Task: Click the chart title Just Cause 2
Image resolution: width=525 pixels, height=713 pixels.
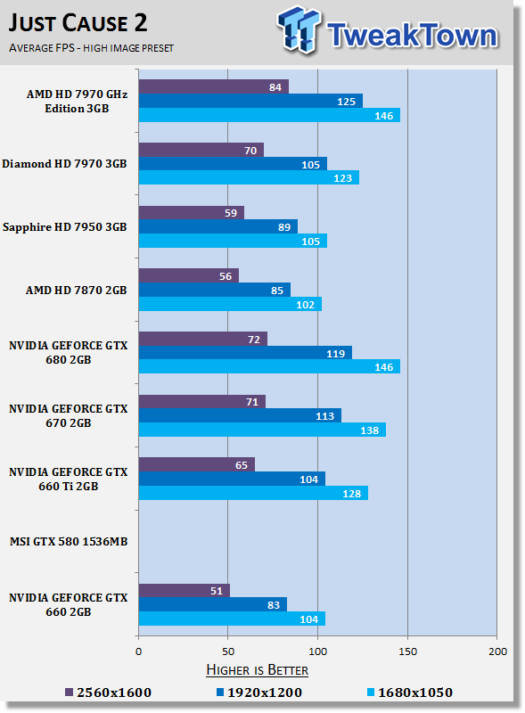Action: click(79, 22)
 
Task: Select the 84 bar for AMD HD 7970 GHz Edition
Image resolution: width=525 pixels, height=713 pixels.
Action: click(214, 86)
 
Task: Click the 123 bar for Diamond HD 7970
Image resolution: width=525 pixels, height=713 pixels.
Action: click(249, 177)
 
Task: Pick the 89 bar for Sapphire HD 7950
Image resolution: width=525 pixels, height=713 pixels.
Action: click(218, 226)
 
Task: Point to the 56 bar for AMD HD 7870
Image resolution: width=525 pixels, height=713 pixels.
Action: click(189, 275)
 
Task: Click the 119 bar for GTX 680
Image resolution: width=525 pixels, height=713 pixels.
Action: click(245, 352)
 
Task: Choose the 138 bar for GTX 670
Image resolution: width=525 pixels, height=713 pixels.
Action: click(262, 430)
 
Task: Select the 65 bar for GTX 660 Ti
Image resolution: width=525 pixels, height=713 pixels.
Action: click(197, 464)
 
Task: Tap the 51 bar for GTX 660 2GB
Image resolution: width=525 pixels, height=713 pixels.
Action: click(185, 590)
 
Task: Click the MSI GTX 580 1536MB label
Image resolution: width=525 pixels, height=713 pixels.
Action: click(68, 540)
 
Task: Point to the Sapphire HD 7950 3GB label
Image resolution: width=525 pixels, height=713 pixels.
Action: click(65, 227)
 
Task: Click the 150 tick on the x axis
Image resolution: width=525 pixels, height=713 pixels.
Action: click(407, 652)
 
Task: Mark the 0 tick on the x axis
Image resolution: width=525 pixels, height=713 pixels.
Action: click(138, 652)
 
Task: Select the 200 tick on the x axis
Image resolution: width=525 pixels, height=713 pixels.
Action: click(496, 652)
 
